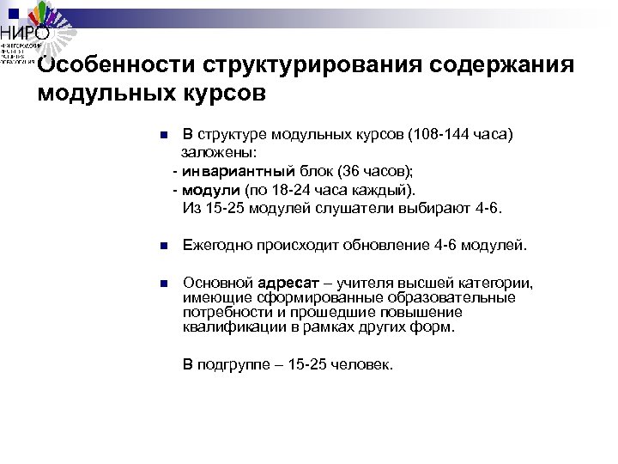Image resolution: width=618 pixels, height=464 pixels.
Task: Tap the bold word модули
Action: tap(211, 189)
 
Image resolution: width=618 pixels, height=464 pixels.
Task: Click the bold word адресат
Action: tap(288, 283)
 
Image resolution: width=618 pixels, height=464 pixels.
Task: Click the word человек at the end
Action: tap(361, 364)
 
